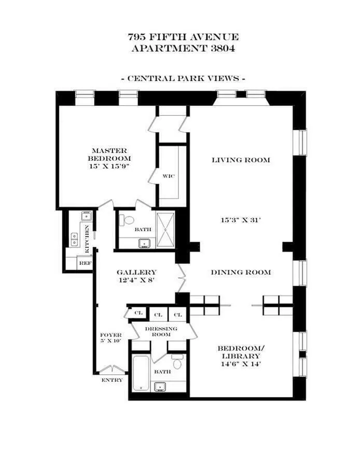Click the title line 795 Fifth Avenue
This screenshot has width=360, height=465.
[x=183, y=37]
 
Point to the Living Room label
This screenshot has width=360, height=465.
[x=241, y=160]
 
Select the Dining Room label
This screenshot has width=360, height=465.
[x=241, y=272]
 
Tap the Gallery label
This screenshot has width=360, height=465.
[x=136, y=272]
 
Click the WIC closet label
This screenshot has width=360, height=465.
[x=168, y=176]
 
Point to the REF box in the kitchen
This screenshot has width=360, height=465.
[x=84, y=263]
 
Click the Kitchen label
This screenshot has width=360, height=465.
[x=87, y=239]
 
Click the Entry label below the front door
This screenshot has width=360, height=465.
[x=112, y=380]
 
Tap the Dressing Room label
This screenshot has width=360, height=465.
[x=161, y=331]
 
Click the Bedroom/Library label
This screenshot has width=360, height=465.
[x=239, y=352]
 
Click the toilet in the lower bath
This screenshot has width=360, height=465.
[x=177, y=363]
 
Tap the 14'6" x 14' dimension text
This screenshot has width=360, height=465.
[x=239, y=364]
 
